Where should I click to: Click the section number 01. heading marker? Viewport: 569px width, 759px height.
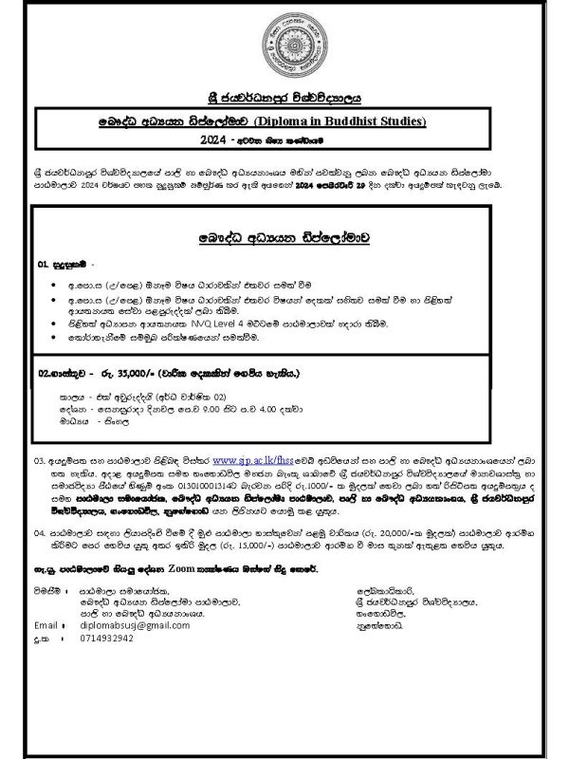[x=44, y=261]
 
